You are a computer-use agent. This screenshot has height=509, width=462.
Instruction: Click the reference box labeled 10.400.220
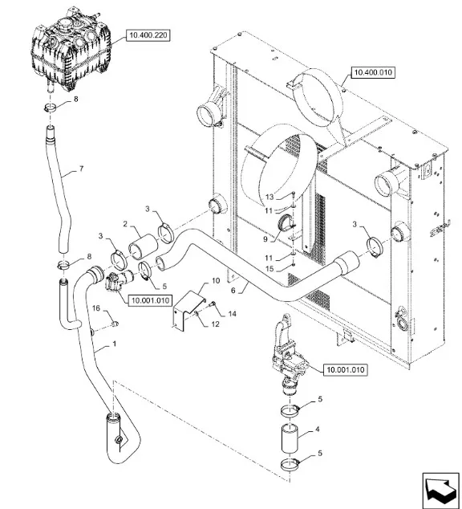tap(148, 35)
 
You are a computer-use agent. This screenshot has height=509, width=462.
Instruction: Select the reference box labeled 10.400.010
tap(373, 72)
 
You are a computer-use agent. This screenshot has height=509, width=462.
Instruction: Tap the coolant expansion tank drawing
tap(71, 51)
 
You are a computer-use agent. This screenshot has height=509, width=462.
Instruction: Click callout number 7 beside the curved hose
tap(81, 169)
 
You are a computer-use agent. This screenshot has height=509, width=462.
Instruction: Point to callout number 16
tap(96, 307)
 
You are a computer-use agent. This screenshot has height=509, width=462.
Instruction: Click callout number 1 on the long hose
tap(114, 344)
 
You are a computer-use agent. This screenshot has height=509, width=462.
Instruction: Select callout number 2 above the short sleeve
tap(125, 224)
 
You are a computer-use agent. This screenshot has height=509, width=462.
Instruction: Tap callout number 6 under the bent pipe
tap(233, 290)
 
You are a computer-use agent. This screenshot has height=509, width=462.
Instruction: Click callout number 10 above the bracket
tap(216, 280)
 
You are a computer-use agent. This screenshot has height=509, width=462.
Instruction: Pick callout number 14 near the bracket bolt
tap(232, 314)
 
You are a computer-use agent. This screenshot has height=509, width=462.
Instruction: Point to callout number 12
tap(215, 324)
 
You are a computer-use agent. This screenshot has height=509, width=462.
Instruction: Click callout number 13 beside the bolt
tap(269, 197)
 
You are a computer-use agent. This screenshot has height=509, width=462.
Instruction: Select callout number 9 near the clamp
tap(265, 239)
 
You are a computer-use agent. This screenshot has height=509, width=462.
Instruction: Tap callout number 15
tap(269, 269)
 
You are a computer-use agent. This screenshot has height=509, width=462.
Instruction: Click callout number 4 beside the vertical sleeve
tap(317, 430)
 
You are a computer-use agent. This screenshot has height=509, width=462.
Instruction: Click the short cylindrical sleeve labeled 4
tap(290, 438)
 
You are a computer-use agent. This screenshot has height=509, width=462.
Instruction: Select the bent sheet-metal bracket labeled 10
tap(188, 311)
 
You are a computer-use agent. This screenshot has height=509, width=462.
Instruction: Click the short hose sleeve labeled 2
tap(143, 247)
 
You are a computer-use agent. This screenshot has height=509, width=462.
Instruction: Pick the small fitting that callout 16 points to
tap(115, 324)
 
